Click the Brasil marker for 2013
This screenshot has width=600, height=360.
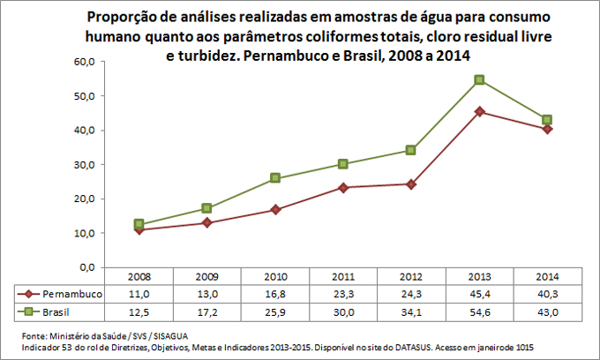[x=479, y=79]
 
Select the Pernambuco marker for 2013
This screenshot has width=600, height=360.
[x=479, y=111]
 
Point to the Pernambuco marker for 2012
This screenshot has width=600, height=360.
[x=410, y=184]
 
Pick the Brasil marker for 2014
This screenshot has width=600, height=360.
[x=547, y=119]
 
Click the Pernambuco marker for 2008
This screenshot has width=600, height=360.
[x=138, y=229]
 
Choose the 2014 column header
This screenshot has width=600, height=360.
[x=547, y=276]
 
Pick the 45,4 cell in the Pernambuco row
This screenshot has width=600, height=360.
[x=479, y=294]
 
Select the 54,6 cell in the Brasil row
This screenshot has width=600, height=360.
[x=479, y=311]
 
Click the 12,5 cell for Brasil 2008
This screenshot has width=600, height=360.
[x=138, y=311]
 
